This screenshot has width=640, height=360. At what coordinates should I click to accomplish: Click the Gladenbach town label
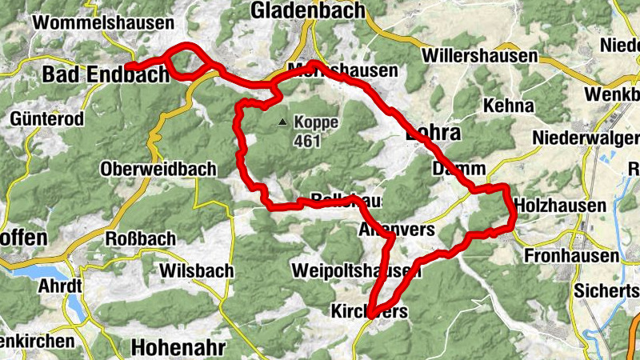click(307, 10)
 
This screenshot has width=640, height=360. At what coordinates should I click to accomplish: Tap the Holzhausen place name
click(561, 206)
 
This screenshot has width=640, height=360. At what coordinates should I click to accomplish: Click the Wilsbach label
click(196, 271)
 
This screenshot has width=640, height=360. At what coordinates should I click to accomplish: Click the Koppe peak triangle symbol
click(282, 122)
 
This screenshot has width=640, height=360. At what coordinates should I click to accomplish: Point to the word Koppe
click(316, 124)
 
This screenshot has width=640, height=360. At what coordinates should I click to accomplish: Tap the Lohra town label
click(436, 132)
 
